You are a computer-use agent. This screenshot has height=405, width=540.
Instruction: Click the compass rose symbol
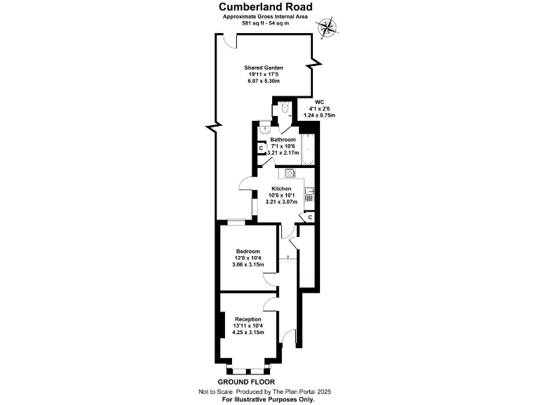(327, 27)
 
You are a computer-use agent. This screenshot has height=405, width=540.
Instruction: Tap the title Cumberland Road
(271, 7)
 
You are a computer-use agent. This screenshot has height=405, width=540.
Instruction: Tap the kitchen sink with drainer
(309, 193)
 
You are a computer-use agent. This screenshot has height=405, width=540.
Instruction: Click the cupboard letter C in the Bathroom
(261, 148)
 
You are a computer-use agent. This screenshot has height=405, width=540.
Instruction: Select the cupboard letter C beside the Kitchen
(309, 218)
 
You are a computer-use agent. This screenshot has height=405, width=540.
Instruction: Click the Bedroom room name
(247, 252)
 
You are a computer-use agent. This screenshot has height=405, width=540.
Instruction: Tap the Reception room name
(247, 319)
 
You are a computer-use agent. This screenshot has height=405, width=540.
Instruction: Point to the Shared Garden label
(264, 67)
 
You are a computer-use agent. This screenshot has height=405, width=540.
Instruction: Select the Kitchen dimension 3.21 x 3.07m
(281, 202)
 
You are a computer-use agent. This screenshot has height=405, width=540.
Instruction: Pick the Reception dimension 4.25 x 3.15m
(248, 333)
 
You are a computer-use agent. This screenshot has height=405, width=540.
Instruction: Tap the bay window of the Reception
(247, 368)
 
